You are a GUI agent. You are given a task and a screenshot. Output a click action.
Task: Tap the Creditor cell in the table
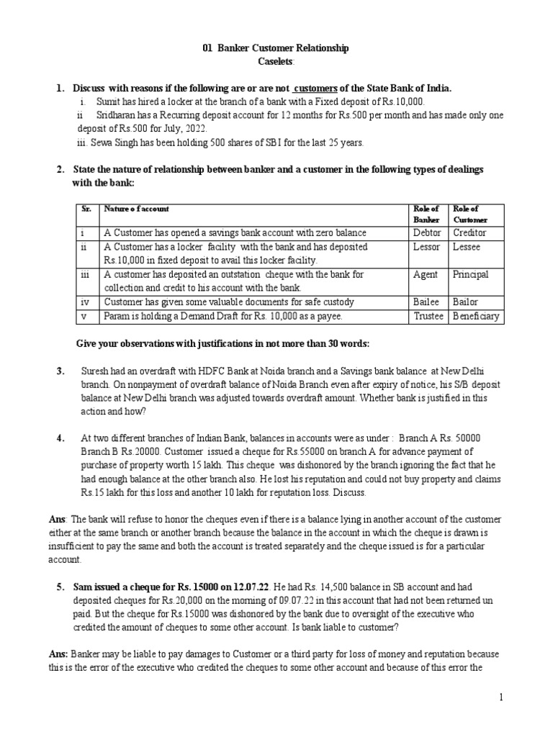[x=469, y=232]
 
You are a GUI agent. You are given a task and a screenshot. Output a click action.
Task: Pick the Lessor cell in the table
[x=426, y=246]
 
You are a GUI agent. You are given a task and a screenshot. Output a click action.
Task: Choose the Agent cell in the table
[x=425, y=274]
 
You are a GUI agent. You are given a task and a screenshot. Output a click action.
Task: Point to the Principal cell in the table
[x=470, y=274]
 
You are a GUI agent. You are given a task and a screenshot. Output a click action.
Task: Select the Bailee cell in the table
[x=426, y=302]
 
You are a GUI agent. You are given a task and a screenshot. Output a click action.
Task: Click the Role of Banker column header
[x=425, y=214]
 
